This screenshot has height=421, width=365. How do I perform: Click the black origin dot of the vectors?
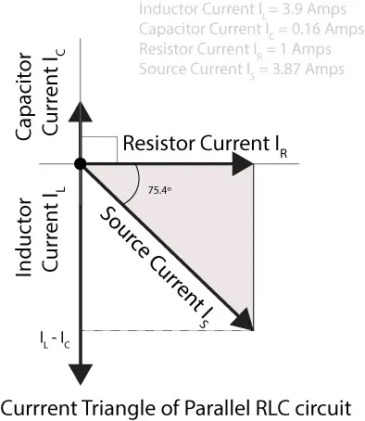82,165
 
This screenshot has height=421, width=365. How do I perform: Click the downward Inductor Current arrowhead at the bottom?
82,372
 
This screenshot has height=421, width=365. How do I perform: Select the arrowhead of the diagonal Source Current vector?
245,320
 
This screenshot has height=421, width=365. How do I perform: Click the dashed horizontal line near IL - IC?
167,331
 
